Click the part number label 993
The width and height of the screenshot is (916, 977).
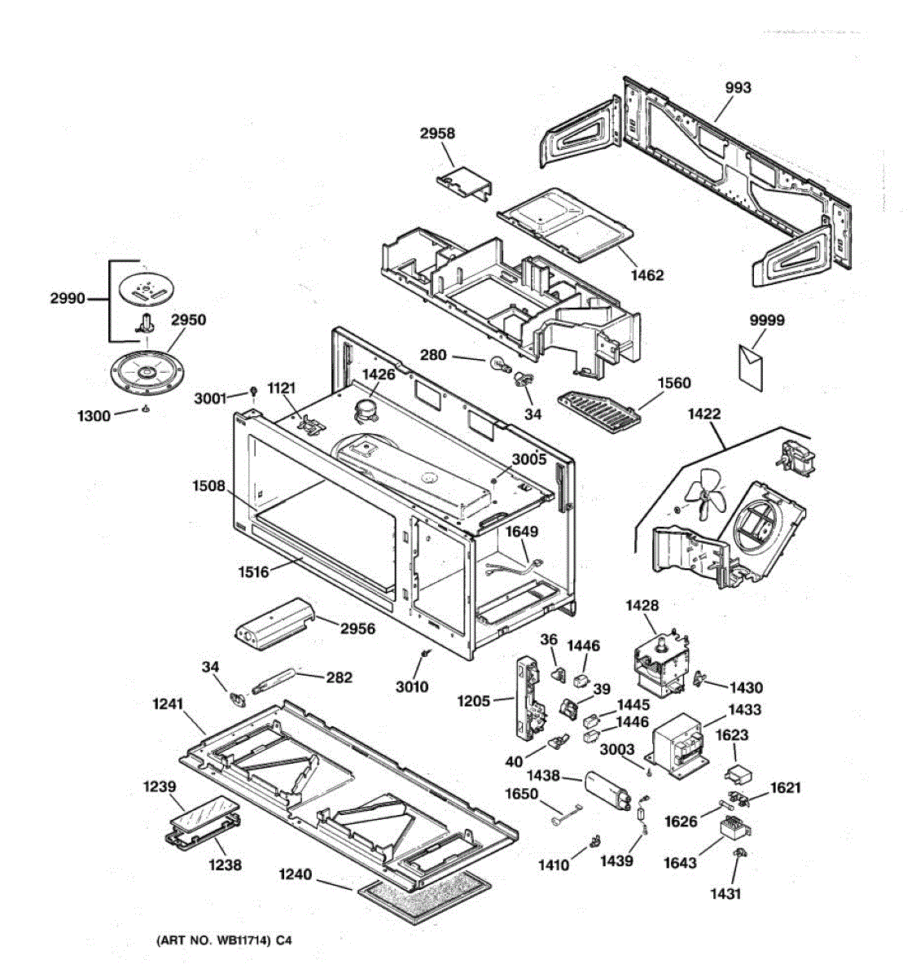point(738,88)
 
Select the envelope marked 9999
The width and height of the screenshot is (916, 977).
point(751,367)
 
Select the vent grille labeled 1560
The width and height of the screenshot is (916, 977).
point(600,408)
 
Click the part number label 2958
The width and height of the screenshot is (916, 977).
point(437,134)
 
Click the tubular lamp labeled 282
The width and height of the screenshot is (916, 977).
point(274,684)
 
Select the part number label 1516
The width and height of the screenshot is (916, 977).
point(253,572)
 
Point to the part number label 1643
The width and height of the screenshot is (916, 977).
point(680,862)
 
